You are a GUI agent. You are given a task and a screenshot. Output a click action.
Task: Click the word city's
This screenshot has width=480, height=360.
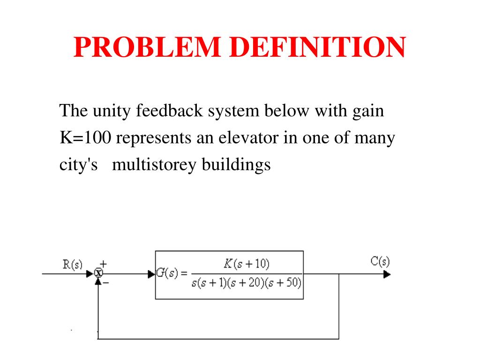[78, 165]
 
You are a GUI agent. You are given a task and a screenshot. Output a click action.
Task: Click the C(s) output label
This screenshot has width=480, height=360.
[380, 261]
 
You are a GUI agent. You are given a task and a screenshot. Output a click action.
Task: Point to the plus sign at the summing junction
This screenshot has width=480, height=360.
[104, 264]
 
